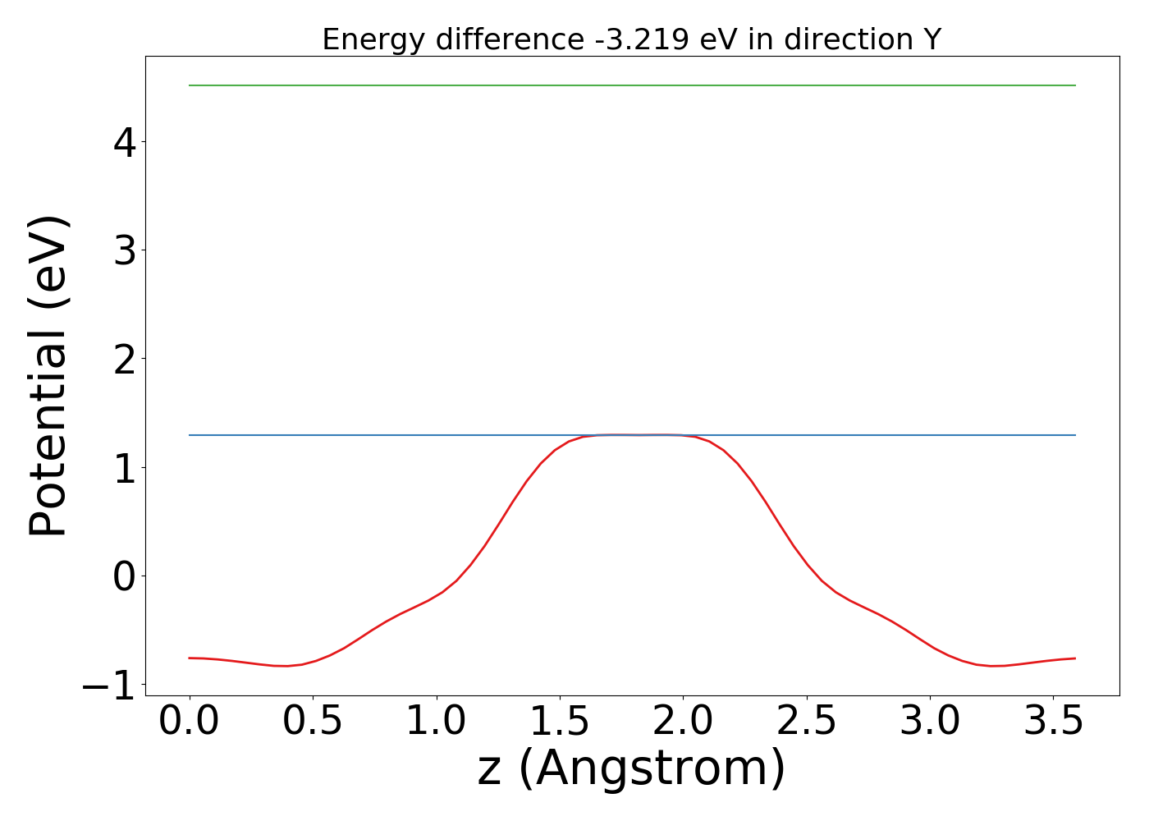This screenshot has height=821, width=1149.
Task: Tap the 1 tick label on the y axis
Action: click(125, 468)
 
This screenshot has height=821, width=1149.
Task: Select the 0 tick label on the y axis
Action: click(125, 576)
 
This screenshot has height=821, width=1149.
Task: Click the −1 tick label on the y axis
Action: click(109, 686)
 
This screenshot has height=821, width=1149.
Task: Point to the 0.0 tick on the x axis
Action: click(190, 722)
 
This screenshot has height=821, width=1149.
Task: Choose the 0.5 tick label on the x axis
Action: click(313, 722)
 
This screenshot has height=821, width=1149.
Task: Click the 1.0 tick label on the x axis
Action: click(437, 722)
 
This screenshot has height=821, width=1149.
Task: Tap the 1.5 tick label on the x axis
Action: click(560, 722)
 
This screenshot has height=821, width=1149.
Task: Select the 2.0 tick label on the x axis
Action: click(683, 722)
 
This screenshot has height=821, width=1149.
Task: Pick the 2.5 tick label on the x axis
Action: click(807, 722)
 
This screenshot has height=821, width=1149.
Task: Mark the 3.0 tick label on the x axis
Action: click(930, 722)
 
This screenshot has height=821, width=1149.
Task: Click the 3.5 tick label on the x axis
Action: click(1053, 722)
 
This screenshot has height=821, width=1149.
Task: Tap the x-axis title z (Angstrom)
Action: click(632, 769)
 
